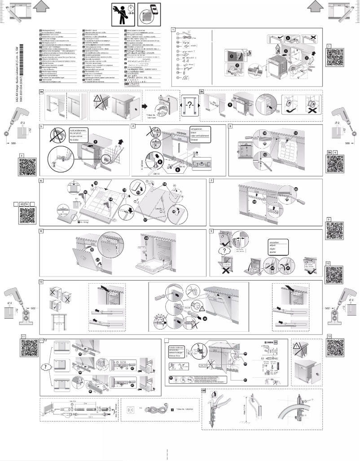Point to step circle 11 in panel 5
[x=295, y=134]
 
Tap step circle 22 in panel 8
[x=92, y=250]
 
